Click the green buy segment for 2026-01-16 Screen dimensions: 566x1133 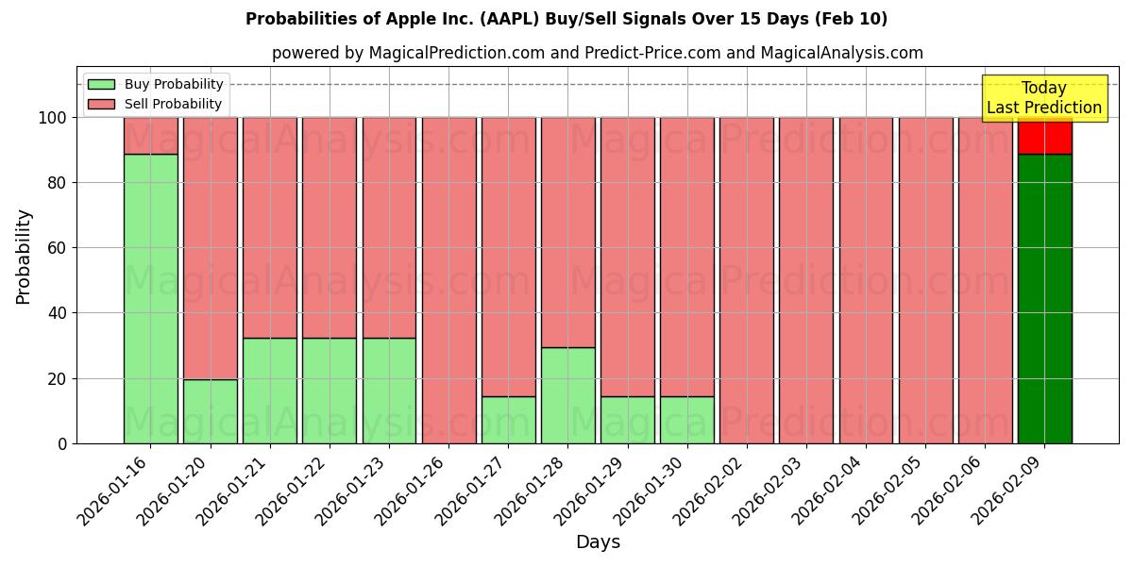150,298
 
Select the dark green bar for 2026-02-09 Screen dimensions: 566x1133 1044,298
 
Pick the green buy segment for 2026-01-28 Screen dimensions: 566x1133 567,395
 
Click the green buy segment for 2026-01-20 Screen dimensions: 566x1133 210,411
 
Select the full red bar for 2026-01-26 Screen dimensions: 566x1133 448,280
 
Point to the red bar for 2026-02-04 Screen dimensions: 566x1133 866,280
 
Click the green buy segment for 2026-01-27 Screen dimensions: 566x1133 508,420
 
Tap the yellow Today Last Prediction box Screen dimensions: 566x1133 1044,98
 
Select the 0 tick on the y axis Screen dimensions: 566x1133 62,443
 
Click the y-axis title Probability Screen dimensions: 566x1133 24,256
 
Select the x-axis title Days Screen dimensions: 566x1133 598,542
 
